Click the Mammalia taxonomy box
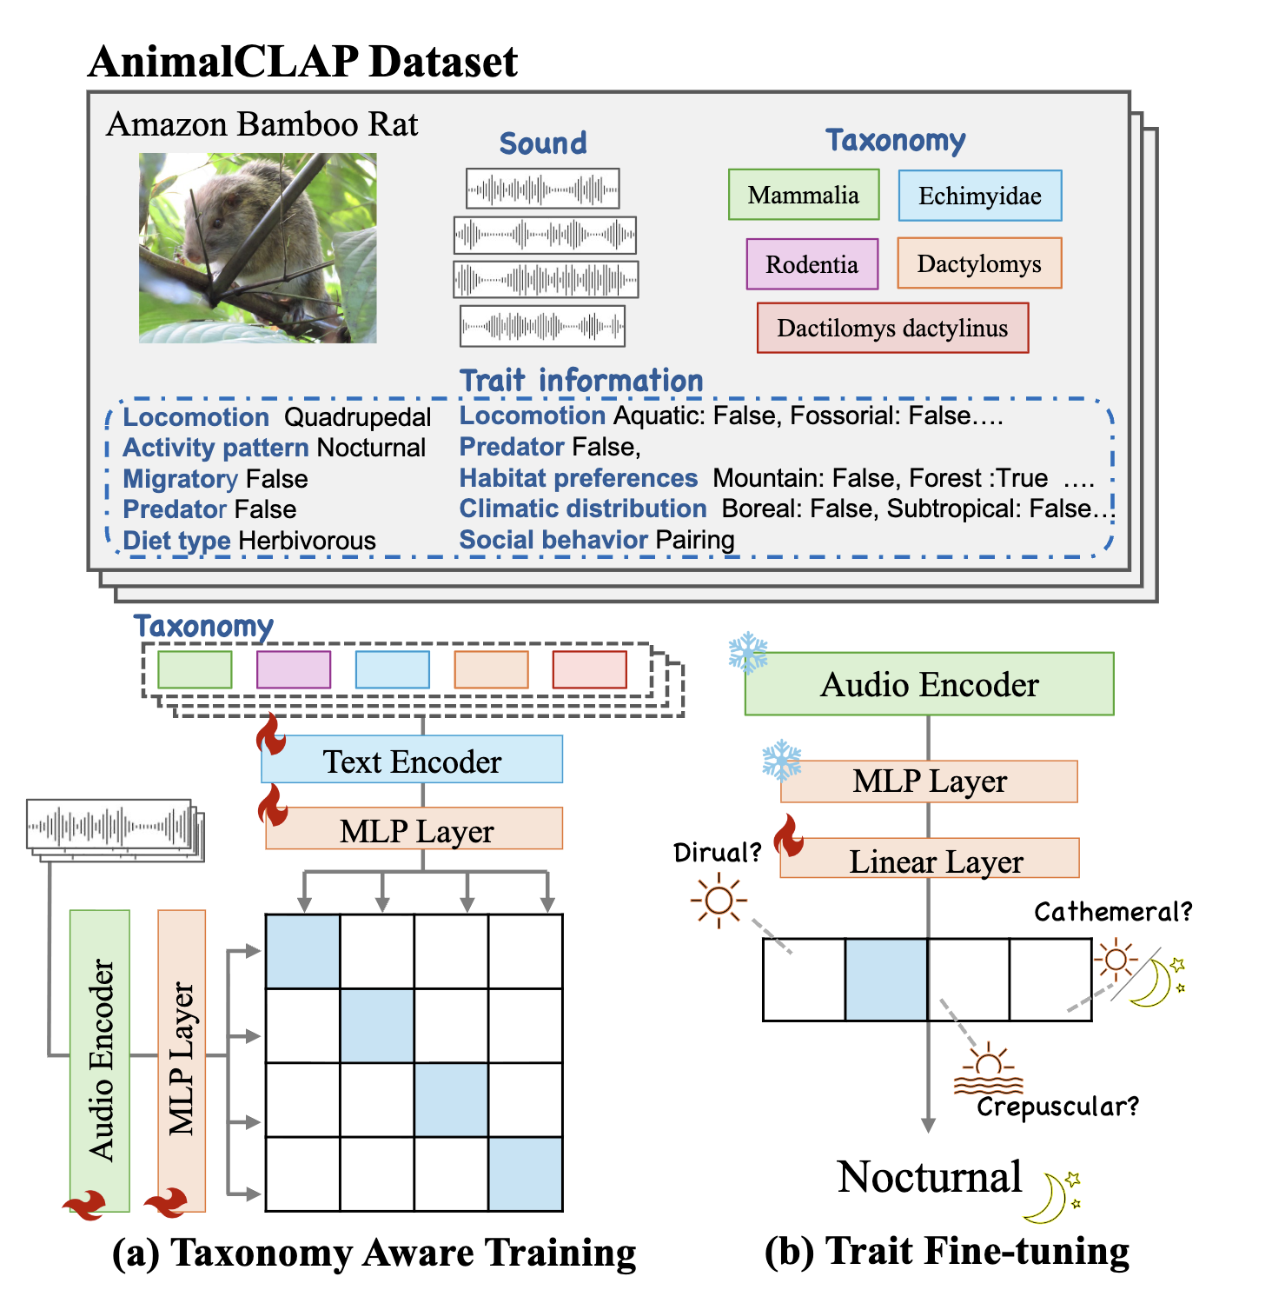[803, 195]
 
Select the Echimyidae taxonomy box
[979, 196]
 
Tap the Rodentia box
[812, 264]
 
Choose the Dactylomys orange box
[979, 263]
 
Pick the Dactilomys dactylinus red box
[892, 328]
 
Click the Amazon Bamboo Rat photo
[258, 248]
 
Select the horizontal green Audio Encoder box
[929, 684]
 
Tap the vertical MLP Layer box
[182, 1061]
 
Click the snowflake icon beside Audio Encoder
[748, 653]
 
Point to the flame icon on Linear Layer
[789, 835]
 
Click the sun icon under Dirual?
[719, 901]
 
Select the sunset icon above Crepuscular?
[988, 1071]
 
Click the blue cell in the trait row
[886, 980]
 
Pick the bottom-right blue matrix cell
[525, 1174]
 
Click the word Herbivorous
[307, 541]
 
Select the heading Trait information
[581, 381]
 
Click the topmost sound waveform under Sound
[542, 189]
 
